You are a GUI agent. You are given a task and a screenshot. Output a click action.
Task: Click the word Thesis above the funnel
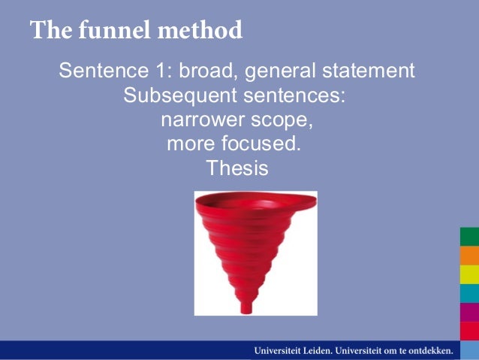236,168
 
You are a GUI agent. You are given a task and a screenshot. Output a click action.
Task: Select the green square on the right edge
469,237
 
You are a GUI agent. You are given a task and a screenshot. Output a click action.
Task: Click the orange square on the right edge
469,256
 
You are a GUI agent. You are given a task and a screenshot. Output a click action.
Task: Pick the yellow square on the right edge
469,274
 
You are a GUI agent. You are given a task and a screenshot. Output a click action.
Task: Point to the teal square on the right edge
469,293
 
